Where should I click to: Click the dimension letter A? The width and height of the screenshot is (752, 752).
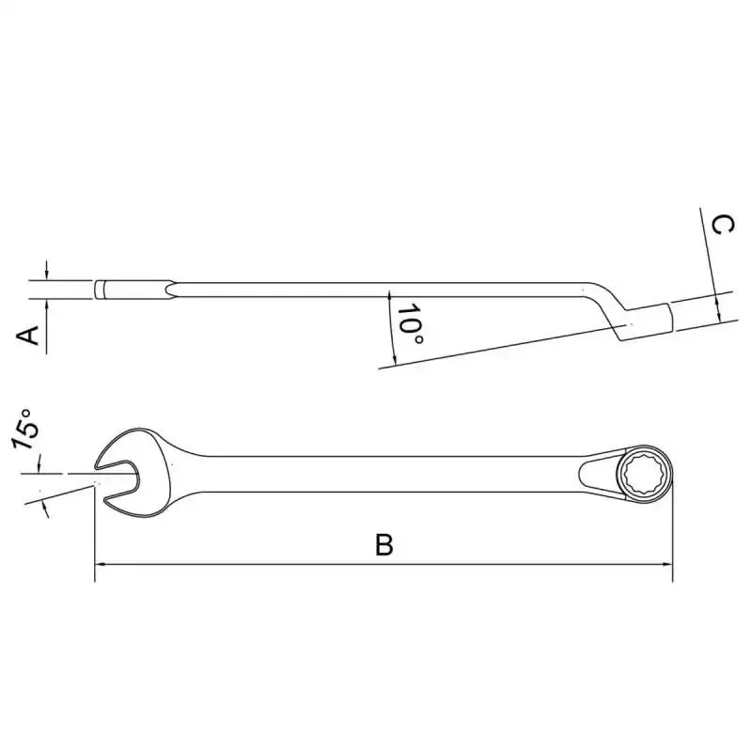(28, 336)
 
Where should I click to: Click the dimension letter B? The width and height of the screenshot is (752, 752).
(384, 544)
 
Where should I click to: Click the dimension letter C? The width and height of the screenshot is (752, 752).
(722, 225)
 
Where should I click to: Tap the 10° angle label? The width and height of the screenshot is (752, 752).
(411, 324)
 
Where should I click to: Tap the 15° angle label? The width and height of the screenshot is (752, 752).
(24, 430)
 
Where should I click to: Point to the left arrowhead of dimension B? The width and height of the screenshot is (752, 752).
(102, 565)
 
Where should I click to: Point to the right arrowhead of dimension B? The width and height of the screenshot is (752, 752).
(666, 565)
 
